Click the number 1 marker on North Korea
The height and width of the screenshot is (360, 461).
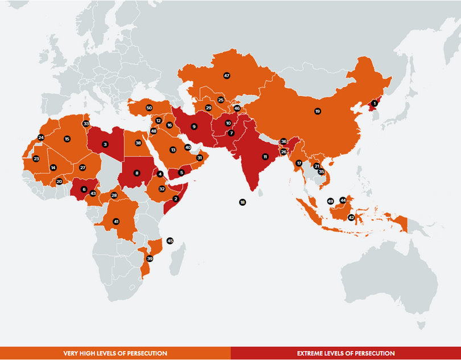[x=374, y=103]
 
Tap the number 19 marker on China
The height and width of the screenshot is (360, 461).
[x=318, y=111]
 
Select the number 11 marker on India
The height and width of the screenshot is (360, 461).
[x=265, y=156]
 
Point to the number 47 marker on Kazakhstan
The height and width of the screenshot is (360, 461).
[x=227, y=75]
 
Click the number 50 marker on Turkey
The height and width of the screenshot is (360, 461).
[x=149, y=108]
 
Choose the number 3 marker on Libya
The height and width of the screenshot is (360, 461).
[x=105, y=145]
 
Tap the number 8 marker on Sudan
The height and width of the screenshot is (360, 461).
[x=137, y=173]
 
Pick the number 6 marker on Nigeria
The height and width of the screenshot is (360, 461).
[x=84, y=190]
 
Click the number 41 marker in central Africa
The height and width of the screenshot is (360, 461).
[x=116, y=221]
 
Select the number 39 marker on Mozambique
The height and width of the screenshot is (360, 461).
[x=150, y=259]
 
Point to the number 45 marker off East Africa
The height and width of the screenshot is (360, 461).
[x=170, y=241]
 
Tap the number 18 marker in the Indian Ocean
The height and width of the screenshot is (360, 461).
[x=242, y=202]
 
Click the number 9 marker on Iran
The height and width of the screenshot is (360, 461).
[x=194, y=126]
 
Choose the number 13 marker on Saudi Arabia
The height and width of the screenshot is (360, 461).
[x=173, y=150]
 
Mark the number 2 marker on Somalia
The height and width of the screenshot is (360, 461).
[x=176, y=199]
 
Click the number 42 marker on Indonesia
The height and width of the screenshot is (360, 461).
[x=351, y=218]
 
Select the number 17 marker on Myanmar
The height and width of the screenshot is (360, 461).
[x=298, y=163]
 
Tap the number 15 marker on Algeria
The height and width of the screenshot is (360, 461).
[x=67, y=138]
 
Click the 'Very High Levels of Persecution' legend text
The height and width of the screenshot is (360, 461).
[x=115, y=353]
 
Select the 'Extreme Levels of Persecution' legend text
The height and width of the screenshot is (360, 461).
[x=345, y=353]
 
